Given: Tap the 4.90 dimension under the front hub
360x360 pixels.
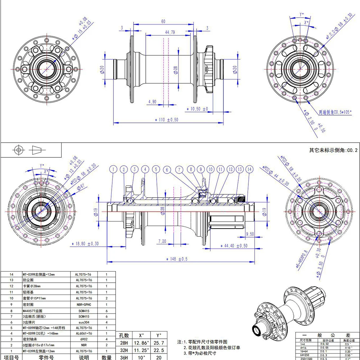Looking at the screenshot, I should click(x=152, y=102).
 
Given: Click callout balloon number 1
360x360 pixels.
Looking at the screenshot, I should click(x=113, y=169).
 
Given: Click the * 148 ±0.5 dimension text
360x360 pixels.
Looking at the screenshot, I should click(x=177, y=259).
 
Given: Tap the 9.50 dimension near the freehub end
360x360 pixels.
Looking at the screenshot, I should click(x=250, y=234).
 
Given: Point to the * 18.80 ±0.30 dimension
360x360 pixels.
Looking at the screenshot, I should click(x=85, y=244).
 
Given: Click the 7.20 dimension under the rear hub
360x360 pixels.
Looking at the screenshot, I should click(x=162, y=241).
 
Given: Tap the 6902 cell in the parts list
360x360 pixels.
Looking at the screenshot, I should click(x=84, y=338).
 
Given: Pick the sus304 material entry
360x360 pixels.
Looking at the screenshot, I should click(x=84, y=322).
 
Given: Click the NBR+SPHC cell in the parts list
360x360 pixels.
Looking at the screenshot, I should click(x=84, y=304).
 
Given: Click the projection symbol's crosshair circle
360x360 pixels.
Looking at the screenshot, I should click(x=18, y=150).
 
